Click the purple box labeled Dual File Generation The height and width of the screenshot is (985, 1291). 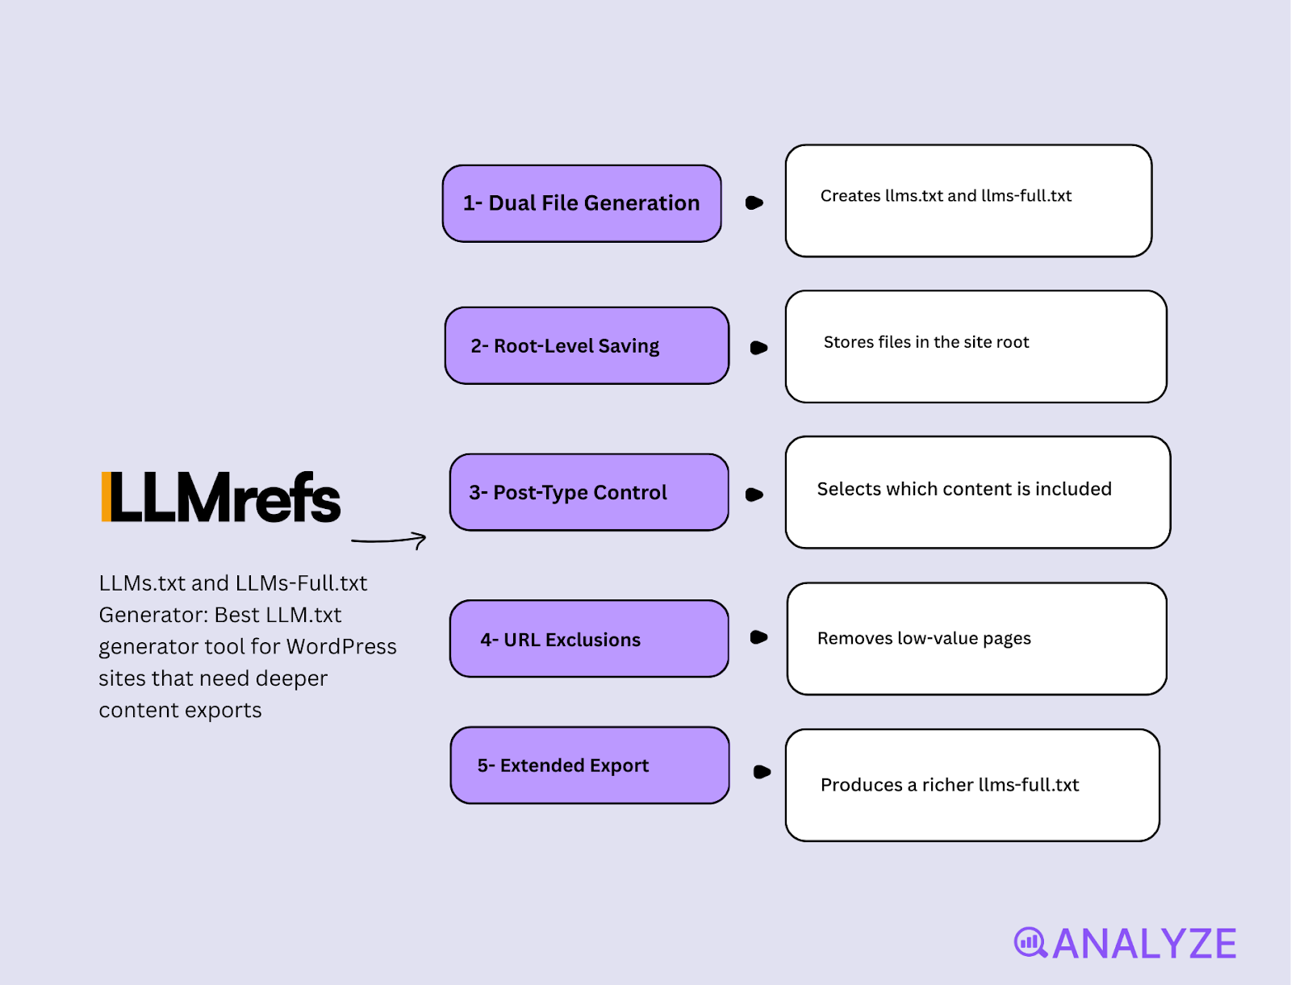pyautogui.click(x=581, y=203)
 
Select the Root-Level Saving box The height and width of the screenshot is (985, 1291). pyautogui.click(x=587, y=345)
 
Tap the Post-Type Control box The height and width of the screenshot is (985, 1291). pyautogui.click(x=589, y=492)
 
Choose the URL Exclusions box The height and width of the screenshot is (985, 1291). pyautogui.click(x=589, y=639)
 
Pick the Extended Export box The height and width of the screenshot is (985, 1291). pyautogui.click(x=589, y=765)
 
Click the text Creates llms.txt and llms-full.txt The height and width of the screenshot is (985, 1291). pyautogui.click(x=946, y=196)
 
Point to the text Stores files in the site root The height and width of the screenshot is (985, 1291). pyautogui.click(x=925, y=342)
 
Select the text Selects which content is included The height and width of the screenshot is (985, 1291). pyautogui.click(x=963, y=489)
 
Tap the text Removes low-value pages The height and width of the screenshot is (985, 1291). pyautogui.click(x=924, y=638)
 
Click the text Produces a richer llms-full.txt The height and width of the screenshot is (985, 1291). pyautogui.click(x=949, y=785)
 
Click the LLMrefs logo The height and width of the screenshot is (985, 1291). pyautogui.click(x=222, y=498)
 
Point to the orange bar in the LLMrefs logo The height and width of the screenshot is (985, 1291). pyautogui.click(x=106, y=497)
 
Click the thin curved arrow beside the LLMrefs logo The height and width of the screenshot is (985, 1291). pyautogui.click(x=389, y=540)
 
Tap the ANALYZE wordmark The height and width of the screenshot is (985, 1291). pyautogui.click(x=1144, y=944)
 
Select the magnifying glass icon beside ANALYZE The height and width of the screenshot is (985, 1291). pyautogui.click(x=1030, y=942)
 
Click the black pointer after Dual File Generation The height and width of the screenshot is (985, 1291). pyautogui.click(x=754, y=202)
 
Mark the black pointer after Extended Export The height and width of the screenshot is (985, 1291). pyautogui.click(x=761, y=772)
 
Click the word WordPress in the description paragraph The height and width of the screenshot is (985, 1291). pyautogui.click(x=341, y=647)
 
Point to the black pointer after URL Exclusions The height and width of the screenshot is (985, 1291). pyautogui.click(x=758, y=637)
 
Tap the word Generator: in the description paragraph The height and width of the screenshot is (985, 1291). pyautogui.click(x=153, y=616)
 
